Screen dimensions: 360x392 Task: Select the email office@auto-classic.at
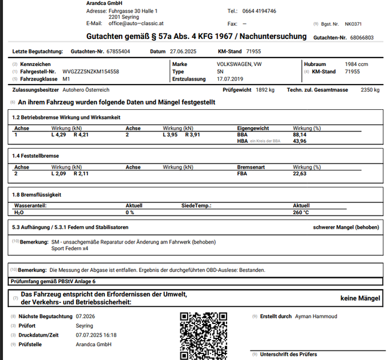[135, 23]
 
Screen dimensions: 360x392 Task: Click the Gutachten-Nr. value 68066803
[361, 37]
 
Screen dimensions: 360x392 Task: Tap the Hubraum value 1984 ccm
[357, 64]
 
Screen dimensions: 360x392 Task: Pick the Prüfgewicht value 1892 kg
[264, 90]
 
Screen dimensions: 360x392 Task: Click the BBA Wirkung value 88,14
[300, 135]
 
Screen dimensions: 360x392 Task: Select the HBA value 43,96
[300, 141]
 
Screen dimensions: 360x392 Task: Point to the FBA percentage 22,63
[300, 174]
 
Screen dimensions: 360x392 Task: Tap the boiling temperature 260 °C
[301, 212]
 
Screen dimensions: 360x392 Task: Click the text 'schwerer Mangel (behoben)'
[346, 228]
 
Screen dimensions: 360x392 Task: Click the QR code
[204, 335]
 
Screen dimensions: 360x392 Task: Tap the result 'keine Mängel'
[360, 298]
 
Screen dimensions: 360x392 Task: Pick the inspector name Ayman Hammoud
[316, 316]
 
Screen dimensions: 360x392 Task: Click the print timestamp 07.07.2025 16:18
[97, 335]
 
